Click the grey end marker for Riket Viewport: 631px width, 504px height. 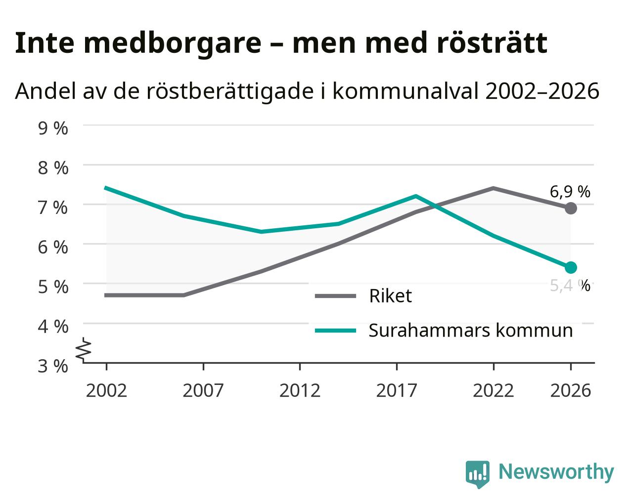570,209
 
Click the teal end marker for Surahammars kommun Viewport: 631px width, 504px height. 570,267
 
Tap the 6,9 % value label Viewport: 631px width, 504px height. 570,192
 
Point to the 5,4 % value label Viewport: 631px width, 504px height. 570,286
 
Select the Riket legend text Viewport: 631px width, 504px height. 390,296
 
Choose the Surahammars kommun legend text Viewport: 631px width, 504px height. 470,331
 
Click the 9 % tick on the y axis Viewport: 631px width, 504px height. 53,128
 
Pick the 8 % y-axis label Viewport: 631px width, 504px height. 53,168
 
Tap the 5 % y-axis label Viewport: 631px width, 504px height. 53,287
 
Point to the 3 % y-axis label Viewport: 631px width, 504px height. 53,366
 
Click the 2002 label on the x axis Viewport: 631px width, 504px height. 106,390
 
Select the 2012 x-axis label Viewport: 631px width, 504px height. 300,390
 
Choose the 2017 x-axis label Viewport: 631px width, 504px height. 397,390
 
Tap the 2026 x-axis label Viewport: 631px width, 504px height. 570,390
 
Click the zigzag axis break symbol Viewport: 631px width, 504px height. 84,349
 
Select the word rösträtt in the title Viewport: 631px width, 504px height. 492,43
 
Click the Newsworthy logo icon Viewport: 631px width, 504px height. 477,474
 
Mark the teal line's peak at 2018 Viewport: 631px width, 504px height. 416,196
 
